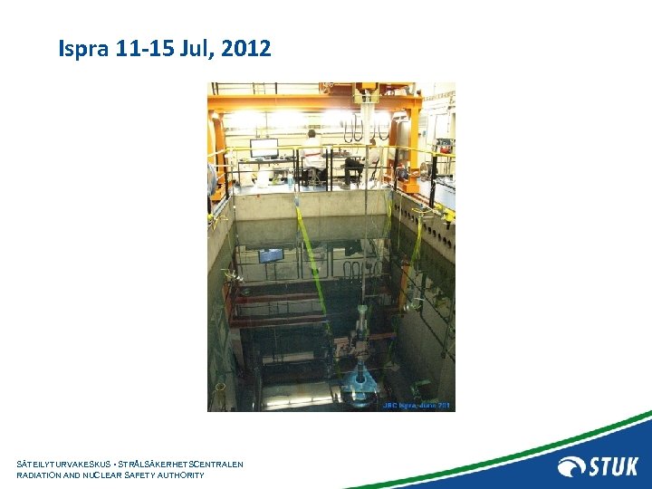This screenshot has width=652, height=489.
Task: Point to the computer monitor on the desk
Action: pos(264,148)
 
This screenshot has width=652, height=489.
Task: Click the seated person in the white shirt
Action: pos(313,156)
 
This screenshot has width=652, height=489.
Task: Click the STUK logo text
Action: pos(613,467)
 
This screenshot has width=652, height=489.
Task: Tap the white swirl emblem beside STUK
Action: pos(571,467)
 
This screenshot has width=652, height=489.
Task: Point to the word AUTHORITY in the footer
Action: pos(179,475)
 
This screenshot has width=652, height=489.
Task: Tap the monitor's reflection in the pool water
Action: pos(270,255)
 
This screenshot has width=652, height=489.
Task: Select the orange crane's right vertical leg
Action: pos(414,145)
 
